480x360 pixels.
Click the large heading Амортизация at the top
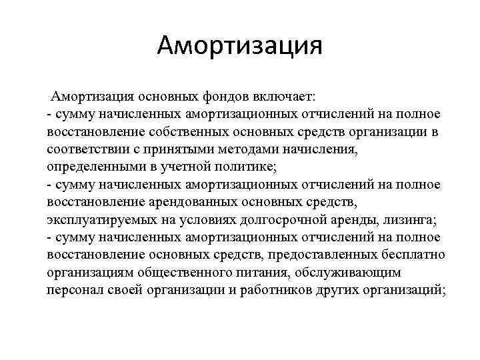pos(240,47)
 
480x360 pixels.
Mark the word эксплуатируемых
pos(105,220)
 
